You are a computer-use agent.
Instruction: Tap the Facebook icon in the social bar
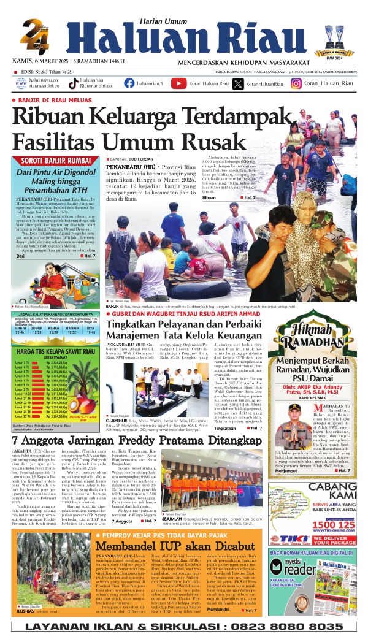[x=129, y=84]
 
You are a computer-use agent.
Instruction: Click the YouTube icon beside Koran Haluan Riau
[x=178, y=84]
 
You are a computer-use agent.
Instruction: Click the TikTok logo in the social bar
[x=73, y=84]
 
